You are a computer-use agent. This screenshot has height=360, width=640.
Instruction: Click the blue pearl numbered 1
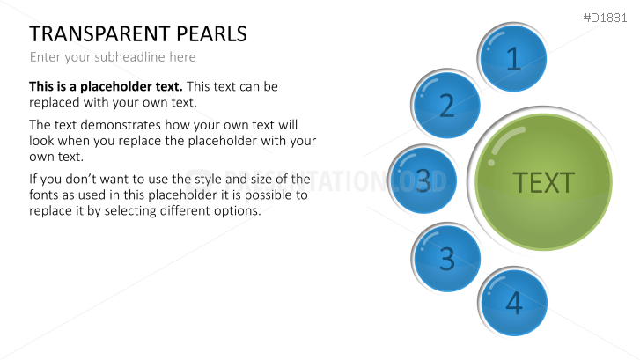click(x=514, y=58)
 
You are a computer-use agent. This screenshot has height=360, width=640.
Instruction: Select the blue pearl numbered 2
click(x=447, y=106)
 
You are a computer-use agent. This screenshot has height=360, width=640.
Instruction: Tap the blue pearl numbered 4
click(x=514, y=303)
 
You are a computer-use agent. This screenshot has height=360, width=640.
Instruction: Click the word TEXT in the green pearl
click(x=543, y=182)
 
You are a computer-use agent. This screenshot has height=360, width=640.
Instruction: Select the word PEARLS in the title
click(x=212, y=34)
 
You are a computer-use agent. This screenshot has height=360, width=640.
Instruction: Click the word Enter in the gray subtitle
click(x=46, y=57)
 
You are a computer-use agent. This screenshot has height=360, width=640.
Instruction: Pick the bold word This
click(x=44, y=86)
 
